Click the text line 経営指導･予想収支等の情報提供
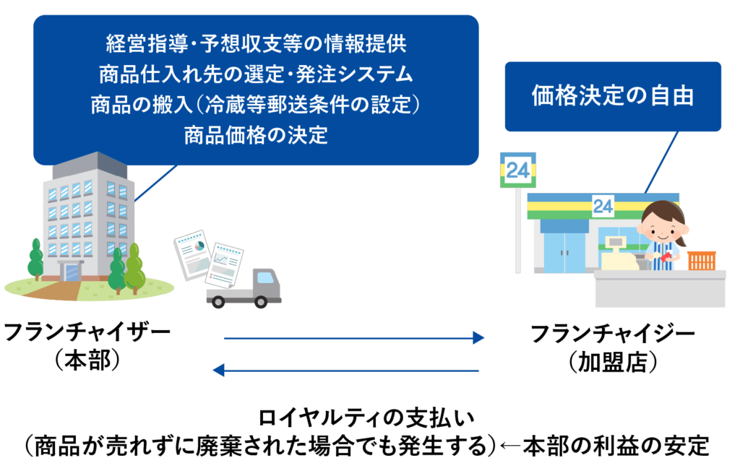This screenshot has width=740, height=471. [x=256, y=44]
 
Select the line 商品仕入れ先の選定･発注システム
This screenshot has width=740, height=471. [x=256, y=74]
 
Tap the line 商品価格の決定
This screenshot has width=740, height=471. [x=256, y=135]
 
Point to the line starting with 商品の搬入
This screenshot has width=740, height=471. [x=256, y=105]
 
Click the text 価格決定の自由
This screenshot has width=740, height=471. [x=612, y=96]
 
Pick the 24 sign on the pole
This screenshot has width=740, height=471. [x=517, y=170]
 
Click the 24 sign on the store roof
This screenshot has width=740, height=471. [x=603, y=207]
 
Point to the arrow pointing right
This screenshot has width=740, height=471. [x=354, y=338]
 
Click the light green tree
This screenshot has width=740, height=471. [x=135, y=267]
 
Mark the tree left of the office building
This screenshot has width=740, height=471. [x=35, y=256]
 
